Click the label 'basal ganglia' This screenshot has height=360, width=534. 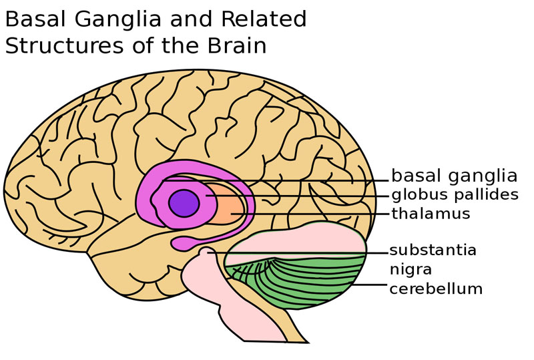(454, 176)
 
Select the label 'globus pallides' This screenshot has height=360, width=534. (455, 195)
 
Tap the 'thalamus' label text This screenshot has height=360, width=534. (431, 214)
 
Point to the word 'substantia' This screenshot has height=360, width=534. (433, 250)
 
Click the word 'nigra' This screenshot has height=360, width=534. (411, 270)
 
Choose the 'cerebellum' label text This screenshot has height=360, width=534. (436, 289)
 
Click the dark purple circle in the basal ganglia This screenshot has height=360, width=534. (184, 202)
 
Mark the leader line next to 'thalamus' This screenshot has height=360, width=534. (314, 214)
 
